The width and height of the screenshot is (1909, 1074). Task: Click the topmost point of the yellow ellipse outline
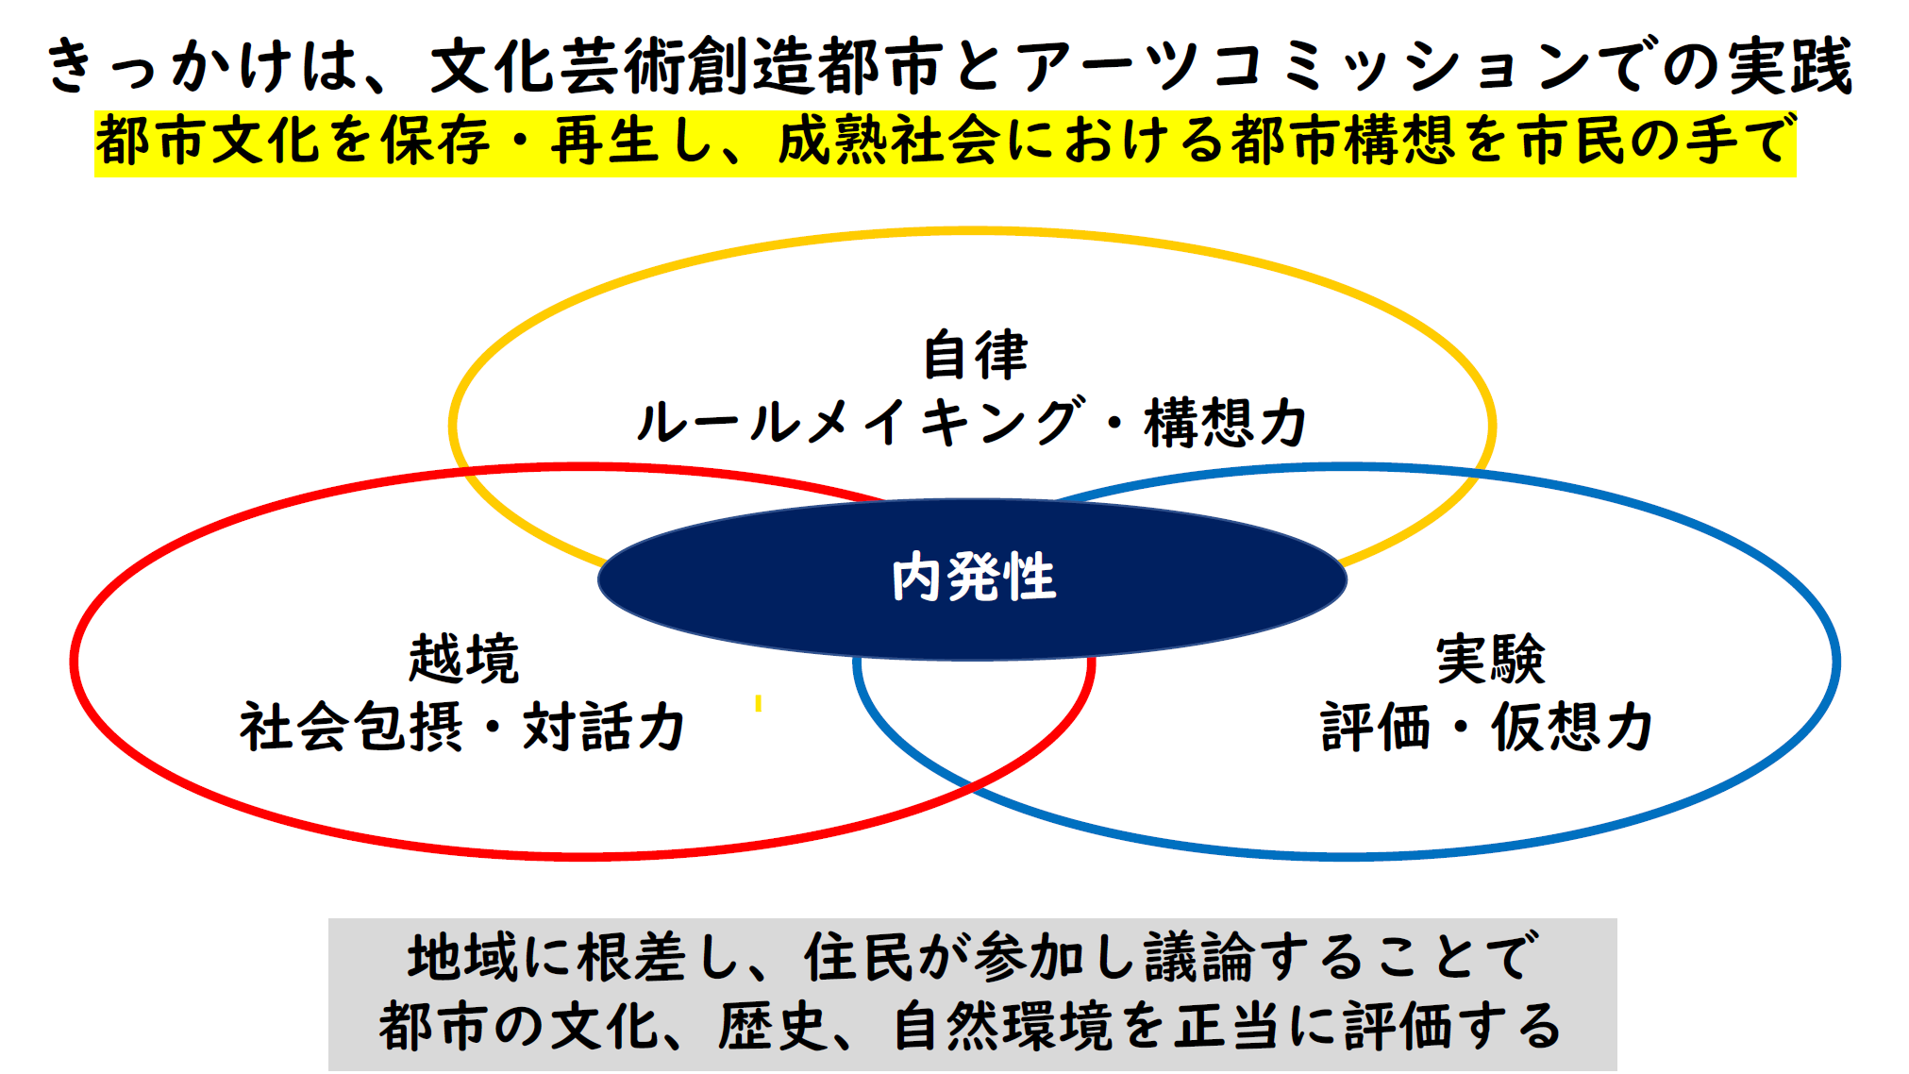(x=972, y=230)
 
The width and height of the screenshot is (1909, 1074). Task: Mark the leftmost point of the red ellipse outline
(x=74, y=661)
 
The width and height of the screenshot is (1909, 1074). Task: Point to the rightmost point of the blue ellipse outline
(x=1837, y=661)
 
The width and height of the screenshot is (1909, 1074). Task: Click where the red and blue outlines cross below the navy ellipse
(x=972, y=785)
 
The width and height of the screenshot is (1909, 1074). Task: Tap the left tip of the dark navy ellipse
(x=598, y=579)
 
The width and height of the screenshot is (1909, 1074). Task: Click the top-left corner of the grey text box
(x=328, y=918)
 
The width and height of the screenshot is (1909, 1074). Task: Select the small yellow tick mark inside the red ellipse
(x=758, y=703)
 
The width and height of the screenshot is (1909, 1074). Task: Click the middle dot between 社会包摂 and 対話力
(x=492, y=728)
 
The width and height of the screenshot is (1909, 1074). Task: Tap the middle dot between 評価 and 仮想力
(x=1461, y=728)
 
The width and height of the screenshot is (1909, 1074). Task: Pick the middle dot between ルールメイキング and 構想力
(x=1114, y=422)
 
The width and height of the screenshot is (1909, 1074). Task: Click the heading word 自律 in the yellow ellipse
(x=975, y=355)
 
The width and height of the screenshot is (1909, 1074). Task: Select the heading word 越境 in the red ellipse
(x=463, y=659)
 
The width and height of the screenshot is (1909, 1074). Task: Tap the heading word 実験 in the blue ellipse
(x=1490, y=659)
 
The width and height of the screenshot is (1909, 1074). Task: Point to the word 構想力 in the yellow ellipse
(x=1226, y=422)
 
